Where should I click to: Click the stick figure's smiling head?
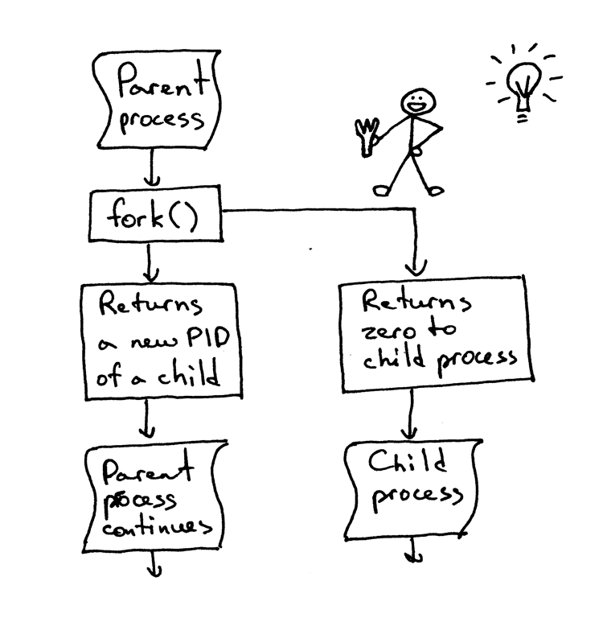coord(418,102)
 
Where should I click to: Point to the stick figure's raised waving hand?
coord(368,134)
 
